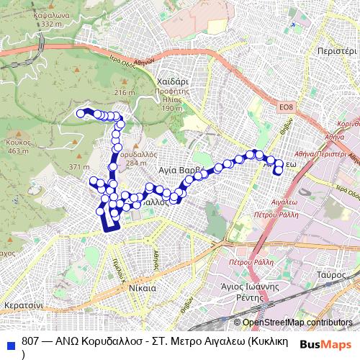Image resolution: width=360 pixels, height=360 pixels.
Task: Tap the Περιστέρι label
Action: coord(336,52)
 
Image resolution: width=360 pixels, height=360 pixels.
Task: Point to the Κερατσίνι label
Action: coord(24,306)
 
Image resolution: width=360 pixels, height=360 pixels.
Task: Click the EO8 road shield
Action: coord(287,107)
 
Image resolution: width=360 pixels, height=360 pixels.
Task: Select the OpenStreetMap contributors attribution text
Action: coord(297,323)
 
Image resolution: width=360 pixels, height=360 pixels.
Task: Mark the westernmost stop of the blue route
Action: coord(81,113)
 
